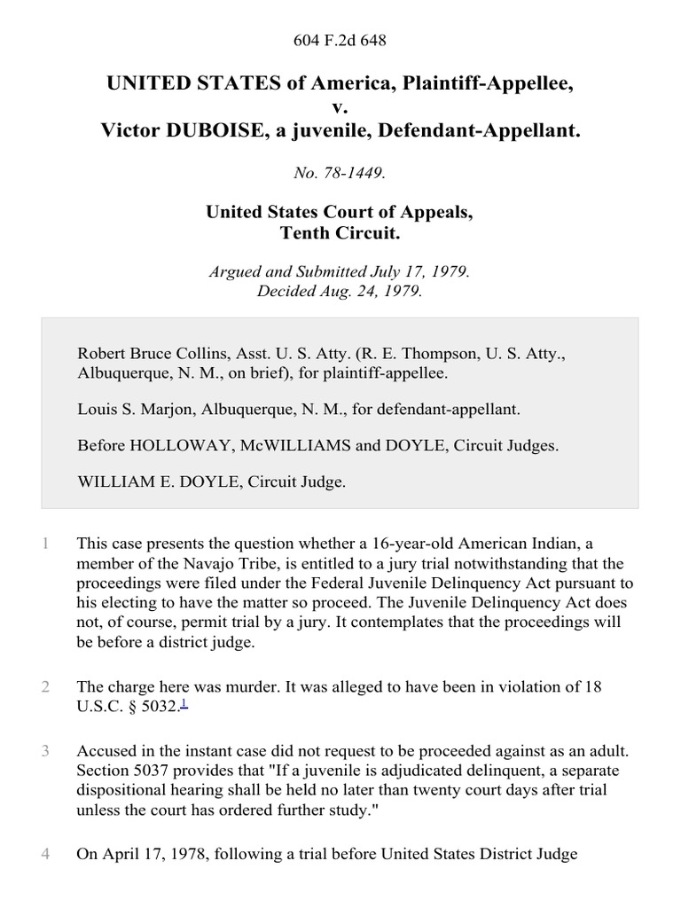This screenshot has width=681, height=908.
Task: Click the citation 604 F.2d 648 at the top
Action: (x=340, y=41)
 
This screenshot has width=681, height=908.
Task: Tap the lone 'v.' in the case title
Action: (x=340, y=107)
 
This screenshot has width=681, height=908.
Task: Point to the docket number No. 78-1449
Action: (x=340, y=174)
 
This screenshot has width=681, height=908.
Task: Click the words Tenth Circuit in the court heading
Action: (x=340, y=233)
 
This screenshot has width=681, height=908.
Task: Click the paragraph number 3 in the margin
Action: (x=45, y=752)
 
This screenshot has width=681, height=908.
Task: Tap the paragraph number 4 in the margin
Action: (x=45, y=855)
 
